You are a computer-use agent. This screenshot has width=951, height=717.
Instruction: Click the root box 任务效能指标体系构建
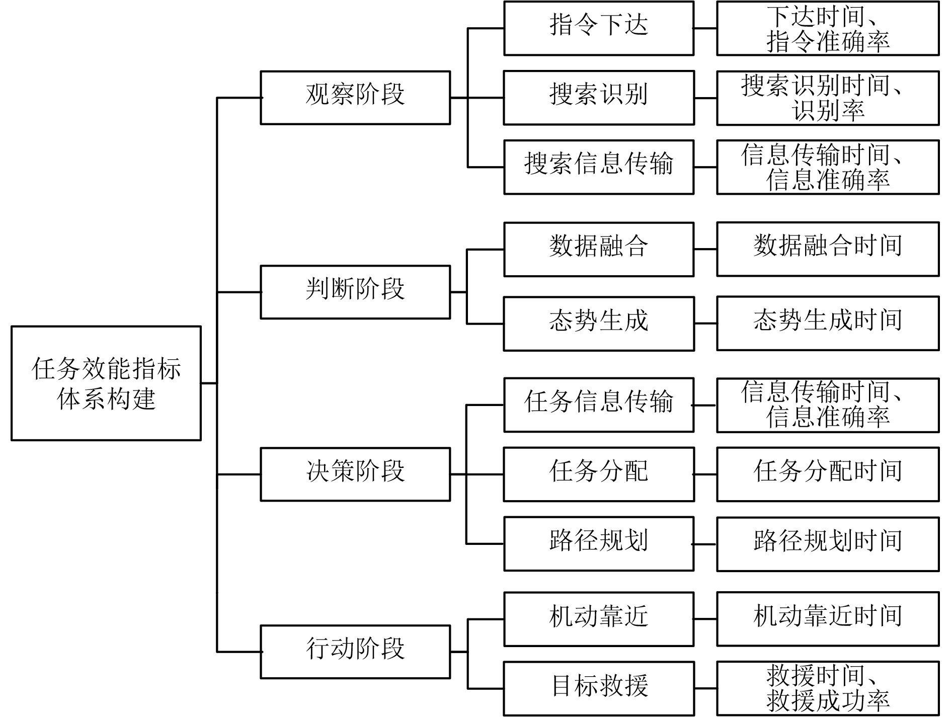(x=106, y=383)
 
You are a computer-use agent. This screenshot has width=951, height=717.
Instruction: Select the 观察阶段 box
(x=355, y=98)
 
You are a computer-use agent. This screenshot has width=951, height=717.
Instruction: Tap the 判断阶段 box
(x=355, y=292)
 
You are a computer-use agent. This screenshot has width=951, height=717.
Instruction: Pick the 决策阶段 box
(x=355, y=474)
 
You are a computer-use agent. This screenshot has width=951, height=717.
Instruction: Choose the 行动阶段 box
(x=355, y=652)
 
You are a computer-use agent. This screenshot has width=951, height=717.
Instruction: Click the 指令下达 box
(x=599, y=28)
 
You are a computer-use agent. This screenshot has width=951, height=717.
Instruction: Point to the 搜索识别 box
(x=599, y=98)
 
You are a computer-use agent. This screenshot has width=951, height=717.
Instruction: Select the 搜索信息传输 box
(x=599, y=167)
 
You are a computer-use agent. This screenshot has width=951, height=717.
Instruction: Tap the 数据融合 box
(x=599, y=249)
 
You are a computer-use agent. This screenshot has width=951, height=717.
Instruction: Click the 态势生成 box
(x=599, y=324)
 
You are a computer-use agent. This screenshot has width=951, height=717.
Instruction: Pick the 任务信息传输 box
(x=599, y=405)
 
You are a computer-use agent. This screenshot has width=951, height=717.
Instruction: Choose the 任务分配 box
(x=599, y=474)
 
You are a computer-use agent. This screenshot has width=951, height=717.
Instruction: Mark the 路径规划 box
(x=599, y=543)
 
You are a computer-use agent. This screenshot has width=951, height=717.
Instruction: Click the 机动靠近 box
(x=599, y=619)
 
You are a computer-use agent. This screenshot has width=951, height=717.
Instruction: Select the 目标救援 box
(x=599, y=688)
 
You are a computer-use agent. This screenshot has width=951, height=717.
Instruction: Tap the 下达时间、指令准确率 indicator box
(x=828, y=28)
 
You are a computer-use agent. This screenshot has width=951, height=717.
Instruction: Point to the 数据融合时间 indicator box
(x=828, y=249)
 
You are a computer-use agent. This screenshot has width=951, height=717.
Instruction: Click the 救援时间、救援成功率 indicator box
(x=828, y=688)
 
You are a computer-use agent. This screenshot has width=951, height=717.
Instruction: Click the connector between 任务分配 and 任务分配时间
(x=705, y=474)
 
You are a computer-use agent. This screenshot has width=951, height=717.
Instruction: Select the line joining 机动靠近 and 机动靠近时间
(x=705, y=619)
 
